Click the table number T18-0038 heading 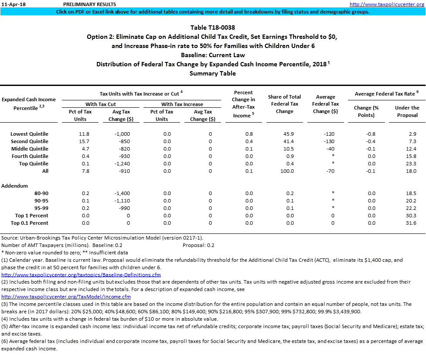(213, 27)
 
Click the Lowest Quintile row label (30, 134)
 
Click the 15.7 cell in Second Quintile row (84, 141)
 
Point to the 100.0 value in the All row (286, 171)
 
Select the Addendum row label (14, 186)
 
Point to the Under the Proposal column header (407, 111)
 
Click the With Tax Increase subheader (182, 104)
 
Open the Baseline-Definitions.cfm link (81, 275)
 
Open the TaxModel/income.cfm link (66, 297)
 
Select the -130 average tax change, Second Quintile (330, 141)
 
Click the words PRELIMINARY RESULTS (85, 4)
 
